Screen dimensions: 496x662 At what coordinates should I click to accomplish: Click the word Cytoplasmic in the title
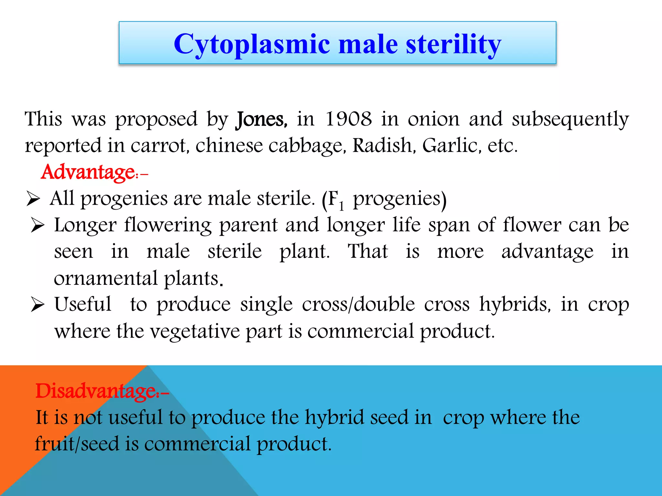click(x=252, y=44)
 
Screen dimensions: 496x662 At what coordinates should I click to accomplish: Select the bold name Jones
click(x=261, y=120)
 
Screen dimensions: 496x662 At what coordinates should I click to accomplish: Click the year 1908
click(x=348, y=119)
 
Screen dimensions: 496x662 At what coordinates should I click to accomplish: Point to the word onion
click(x=433, y=119)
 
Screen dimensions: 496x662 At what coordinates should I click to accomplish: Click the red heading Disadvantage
click(x=96, y=391)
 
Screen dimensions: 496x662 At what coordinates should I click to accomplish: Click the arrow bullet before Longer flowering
click(x=37, y=225)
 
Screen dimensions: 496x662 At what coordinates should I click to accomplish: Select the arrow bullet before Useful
click(x=37, y=305)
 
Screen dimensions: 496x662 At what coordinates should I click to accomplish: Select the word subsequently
click(x=570, y=120)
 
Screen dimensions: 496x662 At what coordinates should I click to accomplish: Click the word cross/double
click(x=358, y=305)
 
